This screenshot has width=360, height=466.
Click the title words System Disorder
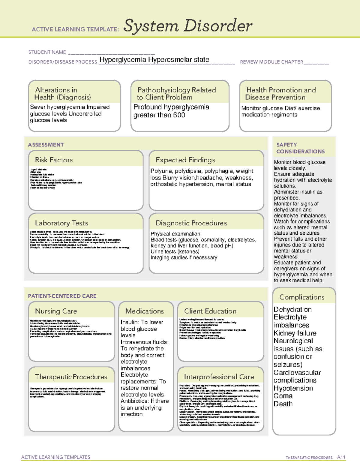[x=188, y=26]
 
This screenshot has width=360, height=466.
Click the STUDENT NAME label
[x=47, y=52]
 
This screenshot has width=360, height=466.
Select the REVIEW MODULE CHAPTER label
[x=271, y=62]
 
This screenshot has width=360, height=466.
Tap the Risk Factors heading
[x=54, y=160]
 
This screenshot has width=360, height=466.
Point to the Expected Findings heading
[x=185, y=160]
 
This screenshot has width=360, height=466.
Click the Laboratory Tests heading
[x=61, y=223]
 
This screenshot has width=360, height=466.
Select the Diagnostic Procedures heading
[x=191, y=223]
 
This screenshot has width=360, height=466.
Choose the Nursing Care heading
[x=56, y=311]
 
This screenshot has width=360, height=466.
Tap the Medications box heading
[x=145, y=311]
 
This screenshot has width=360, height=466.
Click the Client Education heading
[x=210, y=311]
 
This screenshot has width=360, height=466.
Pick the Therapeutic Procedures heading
[x=71, y=377]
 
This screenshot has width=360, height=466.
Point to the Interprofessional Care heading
[x=219, y=377]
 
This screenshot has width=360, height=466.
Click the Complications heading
[x=302, y=297]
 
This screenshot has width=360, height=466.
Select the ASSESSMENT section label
[x=46, y=145]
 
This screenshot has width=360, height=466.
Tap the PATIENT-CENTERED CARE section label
[x=62, y=296]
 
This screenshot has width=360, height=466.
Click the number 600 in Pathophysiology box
[x=178, y=115]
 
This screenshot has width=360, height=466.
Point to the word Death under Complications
[x=283, y=404]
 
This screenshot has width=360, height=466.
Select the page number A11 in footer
[x=341, y=457]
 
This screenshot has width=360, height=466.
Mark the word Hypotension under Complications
[x=293, y=388]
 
